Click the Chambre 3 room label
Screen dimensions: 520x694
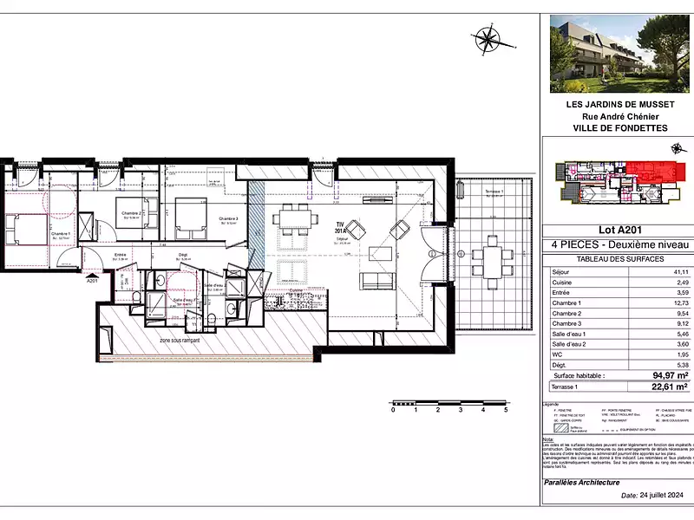[228, 218]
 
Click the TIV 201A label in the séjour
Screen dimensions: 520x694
[341, 227]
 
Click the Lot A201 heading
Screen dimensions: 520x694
[617, 230]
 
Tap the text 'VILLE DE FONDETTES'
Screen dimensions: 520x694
[616, 127]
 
